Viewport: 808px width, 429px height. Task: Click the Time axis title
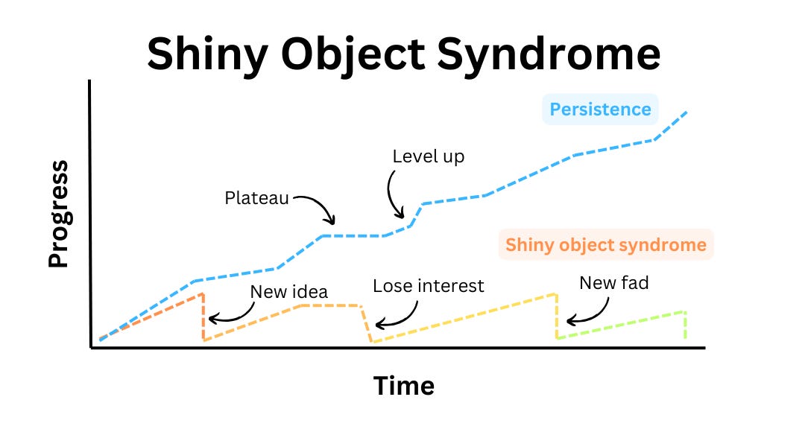pos(403,386)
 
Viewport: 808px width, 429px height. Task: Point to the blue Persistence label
pos(600,109)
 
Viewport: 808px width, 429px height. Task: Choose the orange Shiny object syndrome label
pos(605,244)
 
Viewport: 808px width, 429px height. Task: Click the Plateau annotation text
pos(256,198)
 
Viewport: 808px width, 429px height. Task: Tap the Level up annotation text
pos(428,156)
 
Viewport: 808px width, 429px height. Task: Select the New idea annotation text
pos(288,291)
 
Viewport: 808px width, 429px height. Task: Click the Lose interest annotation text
pos(428,285)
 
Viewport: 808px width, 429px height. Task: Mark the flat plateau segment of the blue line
pos(353,235)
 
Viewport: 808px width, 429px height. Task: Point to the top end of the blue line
pos(685,112)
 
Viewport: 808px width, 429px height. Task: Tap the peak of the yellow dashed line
pos(555,293)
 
